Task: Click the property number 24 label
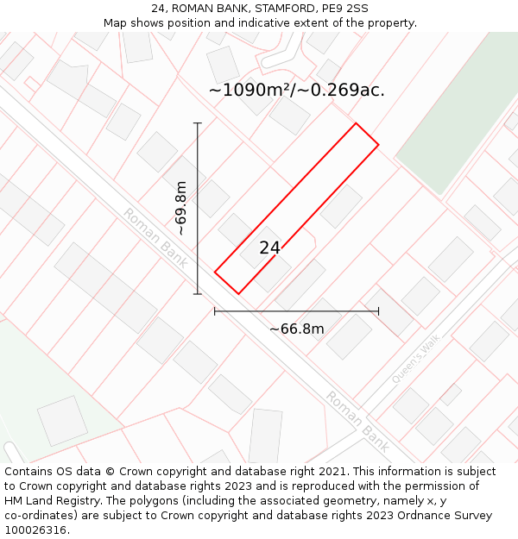pyautogui.click(x=269, y=248)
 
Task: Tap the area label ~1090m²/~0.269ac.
pyautogui.click(x=296, y=90)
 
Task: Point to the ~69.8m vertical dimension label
pyautogui.click(x=181, y=208)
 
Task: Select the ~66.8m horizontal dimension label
pyautogui.click(x=296, y=329)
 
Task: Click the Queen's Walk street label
pyautogui.click(x=415, y=358)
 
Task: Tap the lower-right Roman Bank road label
pyautogui.click(x=357, y=422)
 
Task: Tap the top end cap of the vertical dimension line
pyautogui.click(x=198, y=123)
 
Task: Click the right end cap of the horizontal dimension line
pyautogui.click(x=378, y=311)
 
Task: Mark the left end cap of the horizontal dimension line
pyautogui.click(x=215, y=311)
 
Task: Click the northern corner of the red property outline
pyautogui.click(x=356, y=123)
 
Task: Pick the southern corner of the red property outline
pyautogui.click(x=237, y=293)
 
